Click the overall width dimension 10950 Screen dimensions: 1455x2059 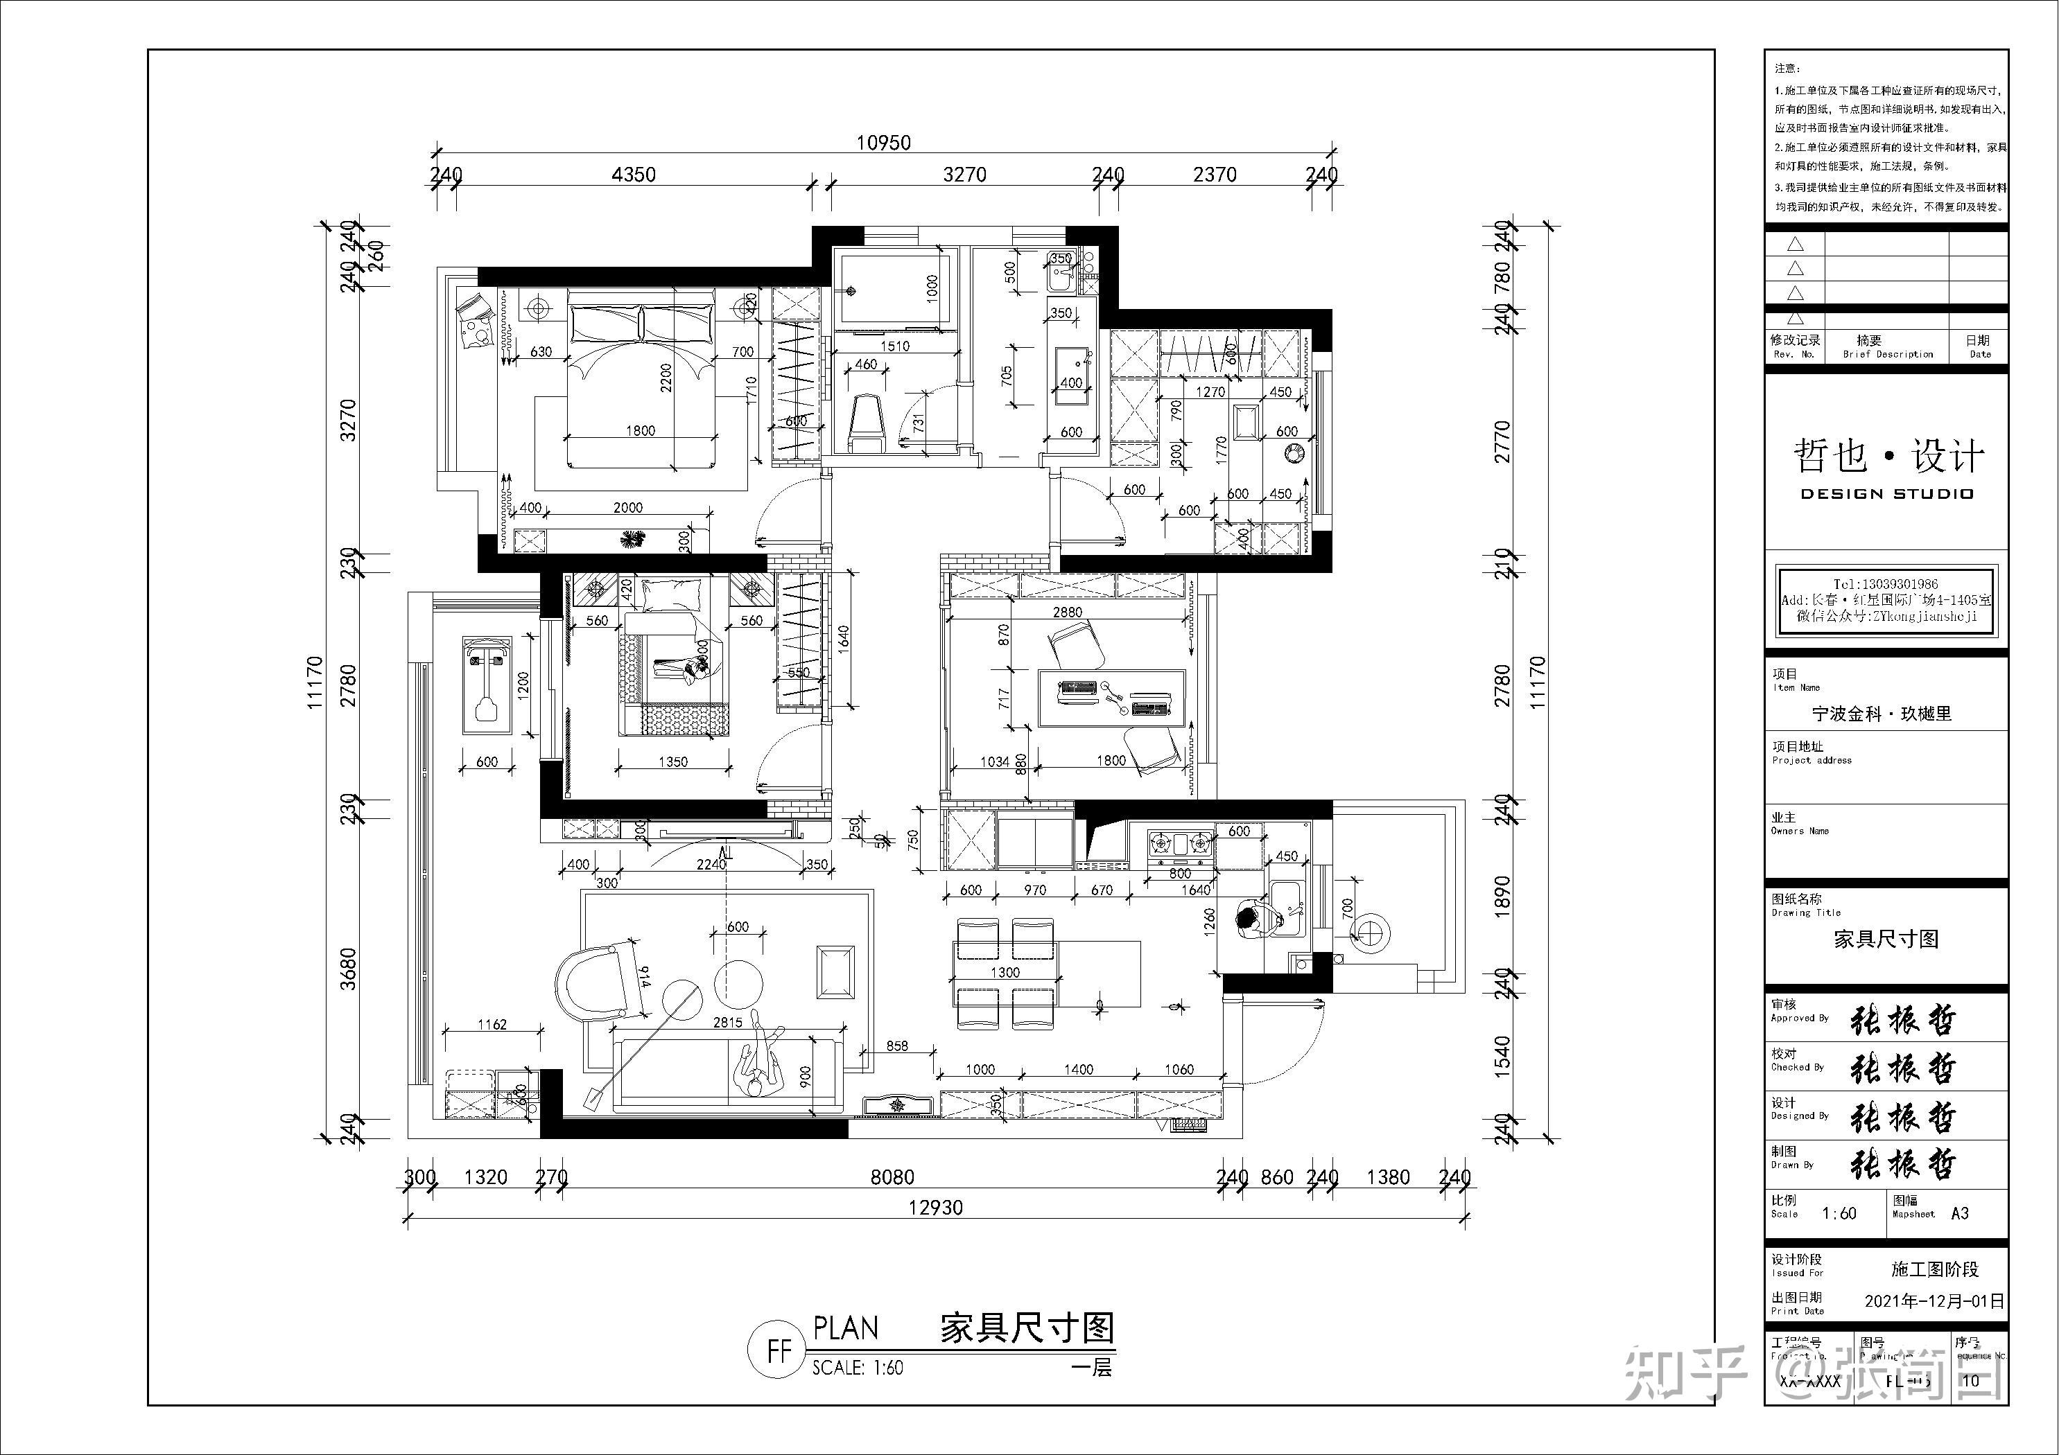pyautogui.click(x=883, y=143)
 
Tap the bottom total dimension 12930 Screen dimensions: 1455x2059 pyautogui.click(x=935, y=1208)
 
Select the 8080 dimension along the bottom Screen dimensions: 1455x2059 pyautogui.click(x=892, y=1177)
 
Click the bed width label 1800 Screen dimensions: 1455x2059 pyautogui.click(x=641, y=430)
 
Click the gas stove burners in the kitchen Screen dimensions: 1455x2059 pyautogui.click(x=1180, y=843)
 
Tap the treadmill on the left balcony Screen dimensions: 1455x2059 pyautogui.click(x=487, y=685)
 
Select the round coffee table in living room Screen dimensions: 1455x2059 pyautogui.click(x=740, y=982)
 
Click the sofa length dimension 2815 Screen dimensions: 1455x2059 pyautogui.click(x=727, y=1022)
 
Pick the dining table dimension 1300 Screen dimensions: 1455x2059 pyautogui.click(x=1005, y=972)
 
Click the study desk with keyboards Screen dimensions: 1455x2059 pyautogui.click(x=1112, y=698)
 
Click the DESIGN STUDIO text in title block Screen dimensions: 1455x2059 pyautogui.click(x=1887, y=494)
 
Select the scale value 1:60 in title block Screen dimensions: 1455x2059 pyautogui.click(x=1839, y=1213)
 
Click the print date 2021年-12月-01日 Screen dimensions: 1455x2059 pyautogui.click(x=1934, y=1300)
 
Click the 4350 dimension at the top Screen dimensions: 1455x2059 pyautogui.click(x=633, y=174)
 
